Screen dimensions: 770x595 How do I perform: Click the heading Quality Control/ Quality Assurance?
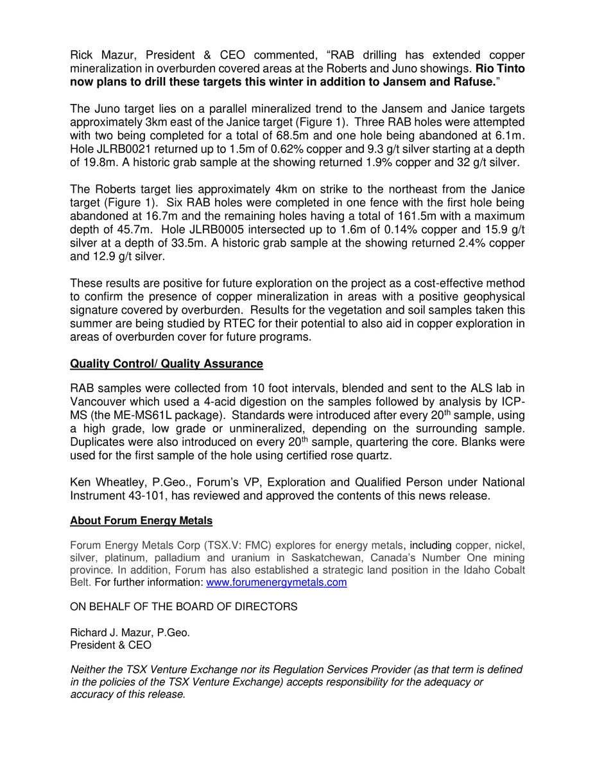pyautogui.click(x=166, y=364)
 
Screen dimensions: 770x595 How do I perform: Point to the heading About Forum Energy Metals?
pyautogui.click(x=141, y=520)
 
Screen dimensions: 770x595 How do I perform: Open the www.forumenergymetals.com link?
pyautogui.click(x=276, y=583)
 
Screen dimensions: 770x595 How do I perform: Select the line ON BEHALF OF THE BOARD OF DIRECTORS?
pyautogui.click(x=184, y=606)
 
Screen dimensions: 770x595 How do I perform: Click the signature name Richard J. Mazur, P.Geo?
pyautogui.click(x=130, y=632)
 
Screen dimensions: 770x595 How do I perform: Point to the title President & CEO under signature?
pyautogui.click(x=110, y=645)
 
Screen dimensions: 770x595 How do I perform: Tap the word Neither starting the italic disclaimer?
pyautogui.click(x=89, y=669)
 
